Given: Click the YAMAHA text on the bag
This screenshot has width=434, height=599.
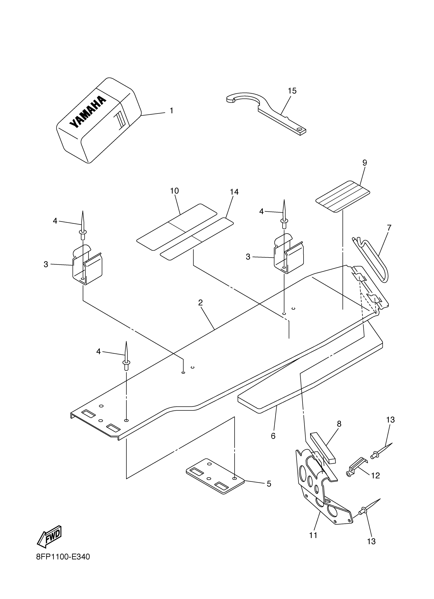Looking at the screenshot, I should click(88, 112).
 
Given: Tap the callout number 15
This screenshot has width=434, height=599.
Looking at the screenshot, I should click(292, 91).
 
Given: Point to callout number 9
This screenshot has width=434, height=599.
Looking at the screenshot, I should click(365, 163).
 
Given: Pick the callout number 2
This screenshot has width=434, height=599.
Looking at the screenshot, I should click(200, 303).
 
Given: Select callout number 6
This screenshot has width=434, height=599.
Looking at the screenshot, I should click(273, 436).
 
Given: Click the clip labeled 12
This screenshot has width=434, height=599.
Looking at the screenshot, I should click(357, 469).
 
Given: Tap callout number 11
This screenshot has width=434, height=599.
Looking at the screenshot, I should click(313, 535).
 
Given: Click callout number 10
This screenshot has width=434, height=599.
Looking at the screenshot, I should click(174, 191).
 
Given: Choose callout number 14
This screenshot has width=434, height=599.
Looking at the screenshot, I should click(234, 192).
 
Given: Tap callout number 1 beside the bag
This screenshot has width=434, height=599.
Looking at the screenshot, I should click(172, 111).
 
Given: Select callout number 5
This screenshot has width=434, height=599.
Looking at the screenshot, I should click(269, 484).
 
